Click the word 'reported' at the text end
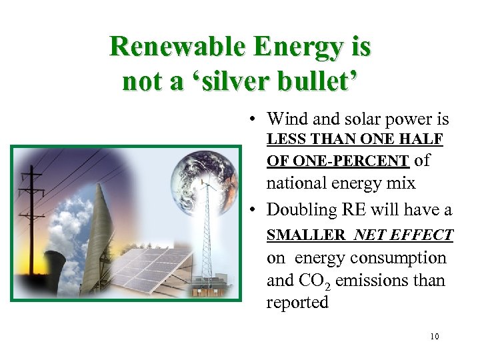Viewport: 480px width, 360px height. [x=297, y=303]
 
